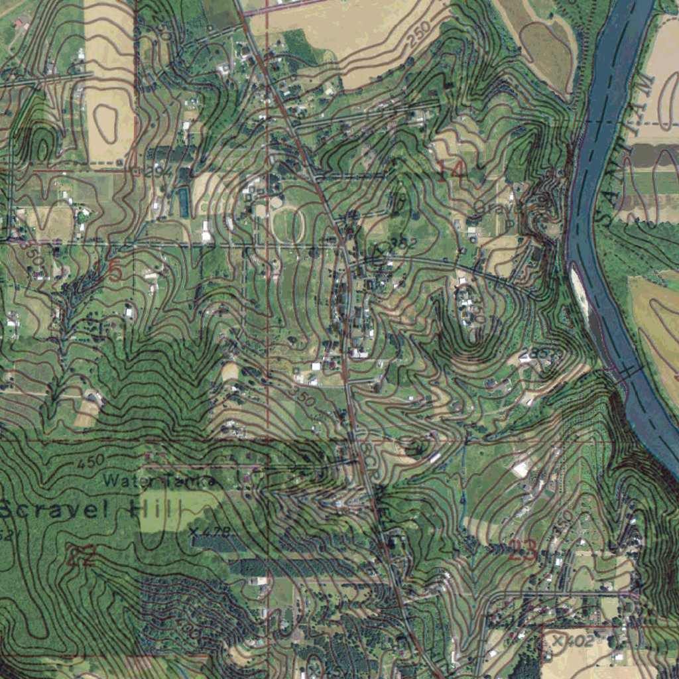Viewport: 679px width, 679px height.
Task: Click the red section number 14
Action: [x=452, y=171]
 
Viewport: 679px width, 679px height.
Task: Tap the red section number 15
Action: [x=109, y=271]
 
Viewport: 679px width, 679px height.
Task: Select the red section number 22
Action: [x=81, y=554]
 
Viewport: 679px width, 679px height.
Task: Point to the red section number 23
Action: [x=523, y=550]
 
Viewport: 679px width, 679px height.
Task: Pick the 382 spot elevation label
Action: [x=402, y=243]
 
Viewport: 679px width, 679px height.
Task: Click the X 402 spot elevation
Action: [x=571, y=641]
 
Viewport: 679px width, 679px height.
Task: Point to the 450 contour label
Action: [x=91, y=460]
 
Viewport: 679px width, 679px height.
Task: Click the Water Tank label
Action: [x=159, y=480]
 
